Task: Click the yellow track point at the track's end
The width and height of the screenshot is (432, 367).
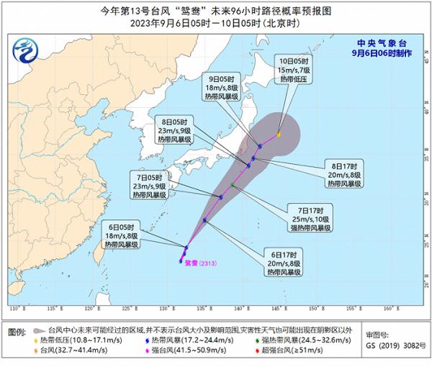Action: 279,134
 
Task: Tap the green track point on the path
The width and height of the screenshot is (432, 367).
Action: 233,185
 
